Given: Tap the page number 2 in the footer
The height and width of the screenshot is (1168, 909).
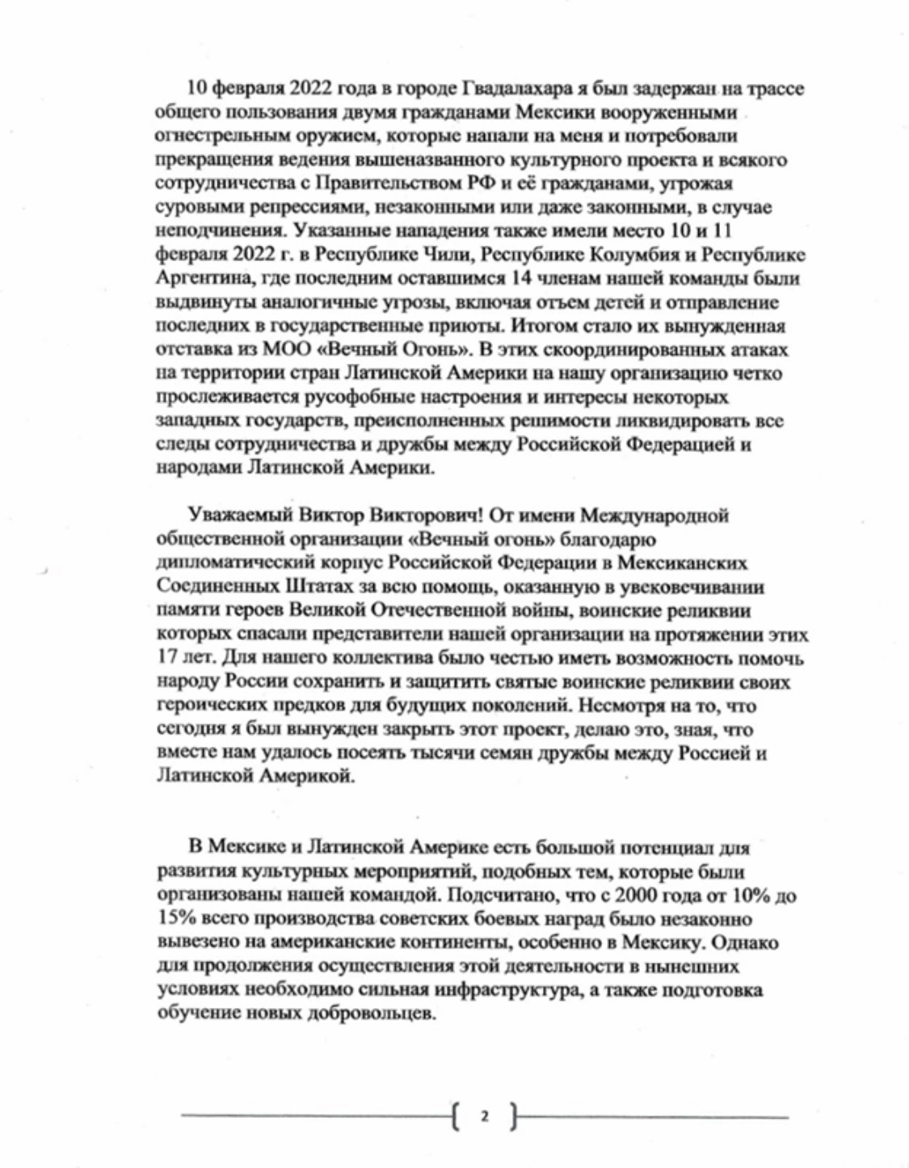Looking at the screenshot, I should [485, 1119].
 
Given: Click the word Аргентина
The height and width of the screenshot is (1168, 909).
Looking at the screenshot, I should [199, 279].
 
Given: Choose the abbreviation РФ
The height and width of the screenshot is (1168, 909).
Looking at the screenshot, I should [478, 183].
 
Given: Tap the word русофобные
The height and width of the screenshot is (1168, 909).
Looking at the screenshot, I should [349, 398].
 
